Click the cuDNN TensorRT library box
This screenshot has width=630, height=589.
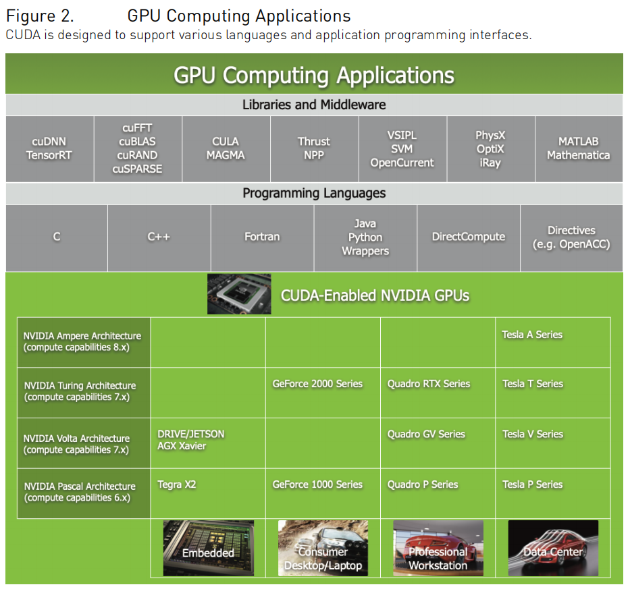pos(49,148)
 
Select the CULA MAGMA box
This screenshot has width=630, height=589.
pos(226,148)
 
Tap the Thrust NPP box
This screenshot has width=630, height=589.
pos(314,148)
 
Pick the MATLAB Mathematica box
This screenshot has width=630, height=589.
pos(578,148)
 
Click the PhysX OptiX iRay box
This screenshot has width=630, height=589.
pos(490,148)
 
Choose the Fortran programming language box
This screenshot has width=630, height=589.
pos(262,237)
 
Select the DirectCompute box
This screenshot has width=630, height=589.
pos(469,237)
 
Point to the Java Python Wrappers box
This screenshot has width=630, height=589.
pos(365,237)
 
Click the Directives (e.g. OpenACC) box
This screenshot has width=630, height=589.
pos(571,237)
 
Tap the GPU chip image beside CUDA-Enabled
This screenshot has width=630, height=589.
pos(239,294)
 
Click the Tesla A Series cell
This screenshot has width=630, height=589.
pos(552,342)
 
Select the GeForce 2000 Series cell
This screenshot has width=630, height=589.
pos(323,392)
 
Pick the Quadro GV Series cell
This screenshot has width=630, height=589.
pos(438,443)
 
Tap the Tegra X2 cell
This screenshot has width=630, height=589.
pos(207,493)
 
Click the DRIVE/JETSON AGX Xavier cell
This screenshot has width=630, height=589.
pos(207,443)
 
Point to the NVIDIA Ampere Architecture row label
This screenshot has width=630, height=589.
pos(84,342)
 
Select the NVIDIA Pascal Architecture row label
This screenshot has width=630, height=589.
pos(84,493)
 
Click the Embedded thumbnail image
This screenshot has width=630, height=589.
pos(208,548)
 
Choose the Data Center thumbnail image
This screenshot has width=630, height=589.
pos(553,548)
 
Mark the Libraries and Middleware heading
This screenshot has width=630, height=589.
pos(314,105)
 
